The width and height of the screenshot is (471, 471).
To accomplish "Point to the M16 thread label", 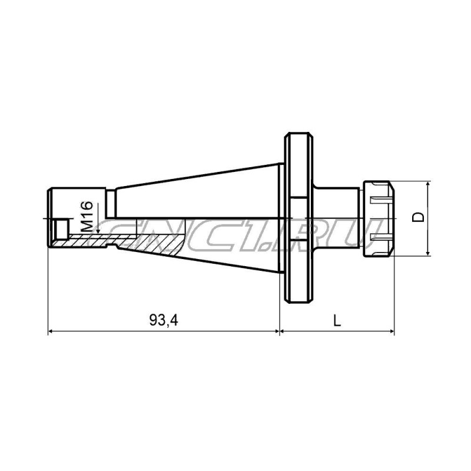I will [x=87, y=216].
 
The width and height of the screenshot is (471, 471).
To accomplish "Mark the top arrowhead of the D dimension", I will [x=429, y=184].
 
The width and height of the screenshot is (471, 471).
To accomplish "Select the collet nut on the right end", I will [x=379, y=218].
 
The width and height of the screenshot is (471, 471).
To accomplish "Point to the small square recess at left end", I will [x=61, y=226].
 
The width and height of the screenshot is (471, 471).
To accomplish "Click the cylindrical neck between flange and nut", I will [x=339, y=218].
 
